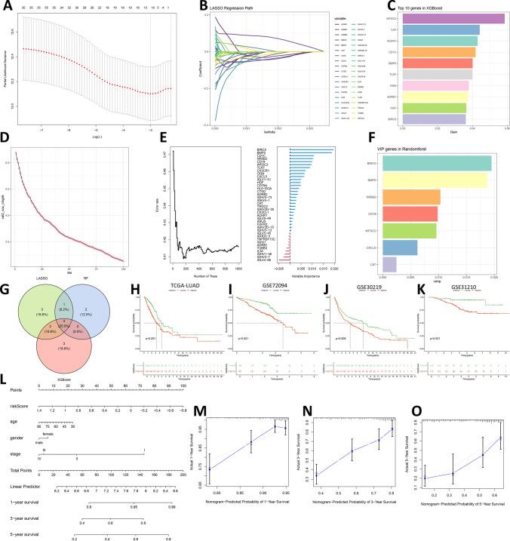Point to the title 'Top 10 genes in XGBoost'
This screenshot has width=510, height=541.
[x=411, y=6]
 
